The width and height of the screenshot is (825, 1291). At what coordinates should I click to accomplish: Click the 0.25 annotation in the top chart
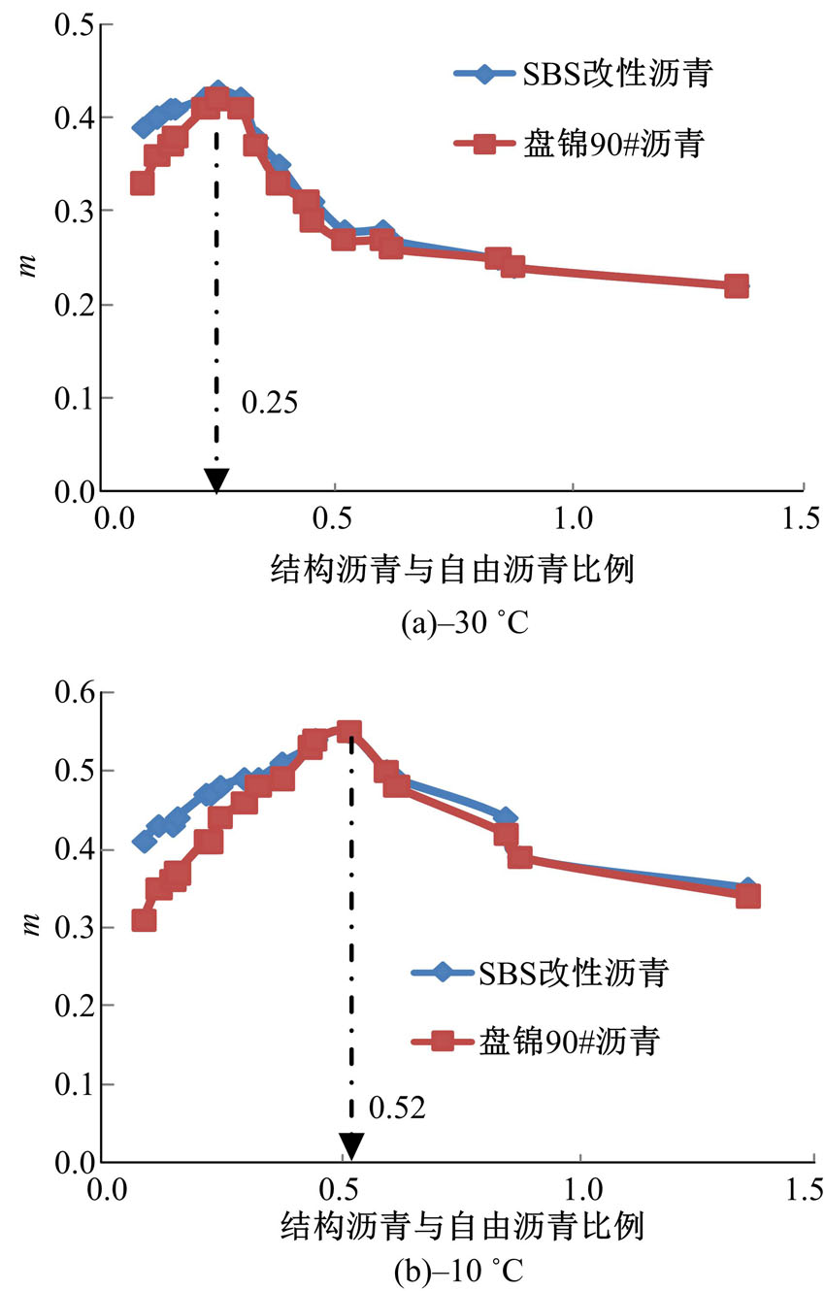pyautogui.click(x=268, y=403)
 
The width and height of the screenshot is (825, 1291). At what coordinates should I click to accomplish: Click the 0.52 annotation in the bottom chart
pyautogui.click(x=398, y=1107)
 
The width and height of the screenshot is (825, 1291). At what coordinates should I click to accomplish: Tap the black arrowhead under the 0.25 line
pyautogui.click(x=216, y=480)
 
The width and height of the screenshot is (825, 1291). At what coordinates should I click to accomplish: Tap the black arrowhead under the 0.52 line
pyautogui.click(x=350, y=1146)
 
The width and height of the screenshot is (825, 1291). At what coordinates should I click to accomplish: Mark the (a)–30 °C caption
pyautogui.click(x=464, y=621)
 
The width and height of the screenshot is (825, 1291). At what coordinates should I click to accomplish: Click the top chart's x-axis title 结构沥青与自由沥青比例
pyautogui.click(x=453, y=570)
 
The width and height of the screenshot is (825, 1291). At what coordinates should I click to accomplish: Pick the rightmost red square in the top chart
pyautogui.click(x=736, y=286)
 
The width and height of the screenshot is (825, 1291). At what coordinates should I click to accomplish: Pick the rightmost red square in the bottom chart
pyautogui.click(x=747, y=896)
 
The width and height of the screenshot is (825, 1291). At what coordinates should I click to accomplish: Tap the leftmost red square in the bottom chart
pyautogui.click(x=144, y=919)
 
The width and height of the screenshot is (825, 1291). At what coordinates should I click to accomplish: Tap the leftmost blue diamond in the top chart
pyautogui.click(x=143, y=127)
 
